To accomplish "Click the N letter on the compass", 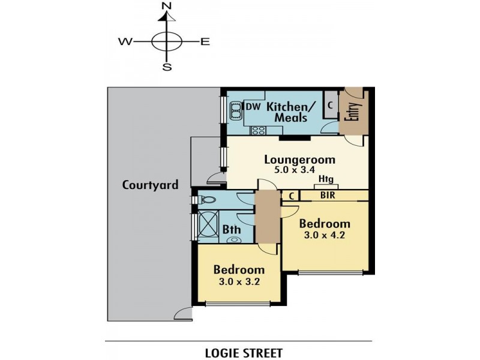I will click(x=167, y=7).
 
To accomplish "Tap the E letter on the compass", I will click(x=205, y=41).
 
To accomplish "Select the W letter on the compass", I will click(x=125, y=41).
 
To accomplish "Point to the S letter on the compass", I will click(x=167, y=67).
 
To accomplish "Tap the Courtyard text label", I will click(x=150, y=185).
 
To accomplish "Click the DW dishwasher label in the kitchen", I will click(x=254, y=107).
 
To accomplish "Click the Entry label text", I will click(x=354, y=112).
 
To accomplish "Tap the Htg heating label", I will click(x=326, y=179).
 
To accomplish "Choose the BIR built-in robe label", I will click(x=327, y=195).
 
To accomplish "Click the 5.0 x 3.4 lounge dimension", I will click(x=299, y=170).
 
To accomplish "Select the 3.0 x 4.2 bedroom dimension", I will click(x=325, y=235).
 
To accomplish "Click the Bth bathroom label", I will click(x=232, y=229).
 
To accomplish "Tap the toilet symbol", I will click(x=206, y=199).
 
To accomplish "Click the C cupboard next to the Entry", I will click(x=330, y=106).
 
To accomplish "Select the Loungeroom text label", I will click(x=299, y=160).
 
